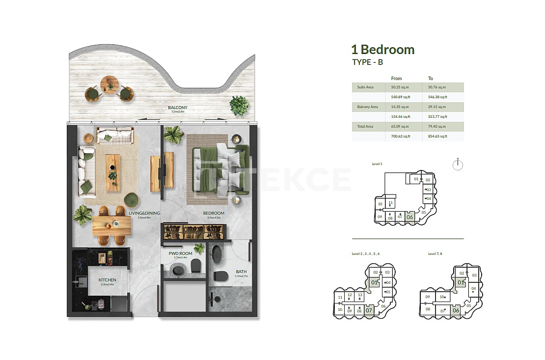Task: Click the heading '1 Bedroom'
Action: click(x=382, y=50)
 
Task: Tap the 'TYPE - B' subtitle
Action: click(x=367, y=62)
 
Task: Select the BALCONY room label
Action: click(x=177, y=108)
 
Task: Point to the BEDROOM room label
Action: click(x=214, y=213)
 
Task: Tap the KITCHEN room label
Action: click(x=107, y=280)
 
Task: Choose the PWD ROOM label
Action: click(x=180, y=253)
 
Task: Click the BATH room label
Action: click(x=241, y=271)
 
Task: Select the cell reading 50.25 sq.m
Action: click(x=399, y=87)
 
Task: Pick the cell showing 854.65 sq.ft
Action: click(x=437, y=136)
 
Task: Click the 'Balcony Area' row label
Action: click(x=367, y=107)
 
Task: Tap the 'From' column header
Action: click(x=396, y=79)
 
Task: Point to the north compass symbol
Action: click(x=457, y=165)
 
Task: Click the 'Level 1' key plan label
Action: click(x=377, y=164)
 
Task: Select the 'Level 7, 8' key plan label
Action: click(x=435, y=253)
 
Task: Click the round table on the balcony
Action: click(x=109, y=84)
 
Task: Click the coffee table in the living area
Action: click(x=112, y=172)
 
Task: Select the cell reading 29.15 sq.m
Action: click(x=436, y=107)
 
